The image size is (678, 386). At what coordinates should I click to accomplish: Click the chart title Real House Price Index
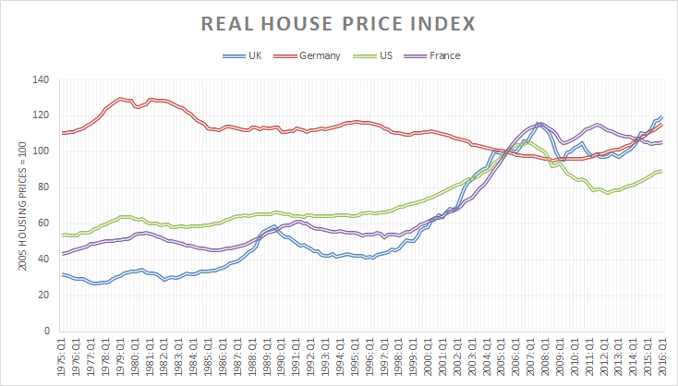coord(339,22)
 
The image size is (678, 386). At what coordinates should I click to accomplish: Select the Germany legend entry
coord(320,55)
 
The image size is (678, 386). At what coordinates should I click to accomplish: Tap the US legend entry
coord(390,55)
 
